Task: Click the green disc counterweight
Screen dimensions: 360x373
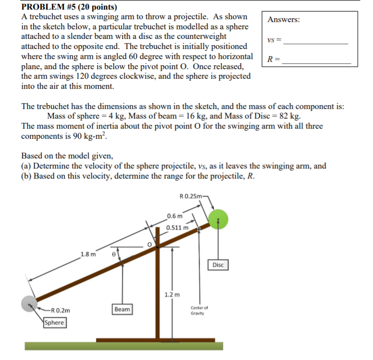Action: click(218, 219)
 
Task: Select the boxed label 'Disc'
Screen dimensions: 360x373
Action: click(217, 265)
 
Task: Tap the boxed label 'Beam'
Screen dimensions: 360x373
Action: click(122, 309)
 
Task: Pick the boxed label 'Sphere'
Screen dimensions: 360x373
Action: click(54, 323)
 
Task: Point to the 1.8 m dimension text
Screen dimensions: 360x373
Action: click(88, 254)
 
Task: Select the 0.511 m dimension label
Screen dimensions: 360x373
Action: click(177, 228)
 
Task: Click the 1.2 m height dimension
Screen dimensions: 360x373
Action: click(172, 294)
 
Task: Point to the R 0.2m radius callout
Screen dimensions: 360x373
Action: click(60, 310)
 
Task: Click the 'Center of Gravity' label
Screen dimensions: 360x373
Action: click(199, 310)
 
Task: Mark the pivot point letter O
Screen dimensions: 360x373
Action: click(149, 244)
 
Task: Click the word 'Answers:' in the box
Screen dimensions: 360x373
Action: click(284, 20)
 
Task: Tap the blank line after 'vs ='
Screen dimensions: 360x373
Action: click(316, 43)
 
